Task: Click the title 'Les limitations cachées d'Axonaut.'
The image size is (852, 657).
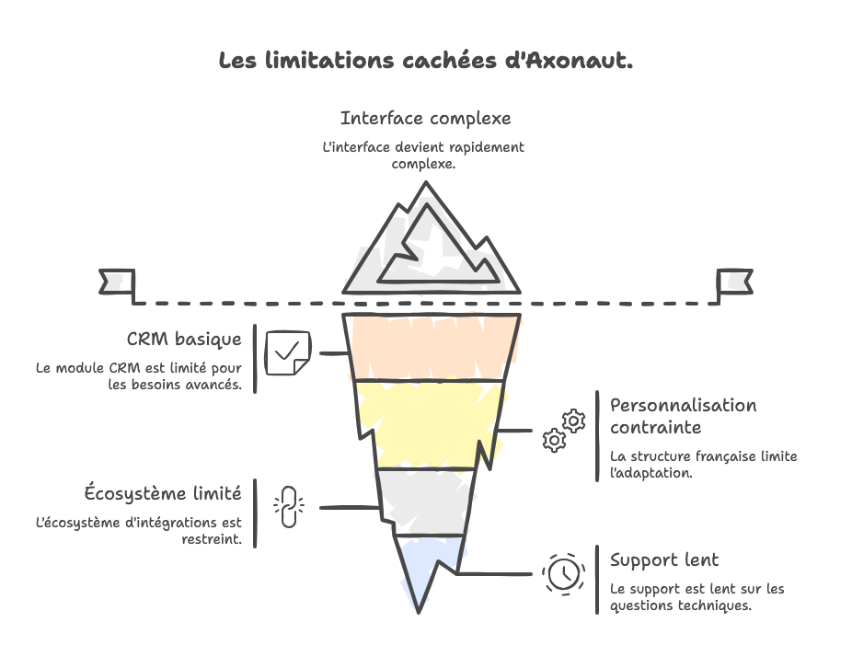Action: point(425,62)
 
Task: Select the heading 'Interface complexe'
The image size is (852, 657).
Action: point(425,119)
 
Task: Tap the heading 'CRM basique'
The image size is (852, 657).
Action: point(184,339)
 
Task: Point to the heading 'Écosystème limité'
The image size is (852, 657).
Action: point(163,492)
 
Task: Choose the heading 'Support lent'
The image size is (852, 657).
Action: point(664,559)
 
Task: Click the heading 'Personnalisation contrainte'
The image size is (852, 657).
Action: point(683,416)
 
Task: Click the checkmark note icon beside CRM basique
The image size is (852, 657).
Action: point(287,352)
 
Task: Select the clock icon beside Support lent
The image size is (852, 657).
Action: point(563,572)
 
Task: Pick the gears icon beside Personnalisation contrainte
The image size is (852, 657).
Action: point(563,431)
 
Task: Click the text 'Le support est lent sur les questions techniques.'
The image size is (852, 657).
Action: point(697,597)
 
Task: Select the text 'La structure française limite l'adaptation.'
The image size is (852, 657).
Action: point(703,465)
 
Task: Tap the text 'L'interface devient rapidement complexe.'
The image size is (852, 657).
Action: point(423,155)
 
